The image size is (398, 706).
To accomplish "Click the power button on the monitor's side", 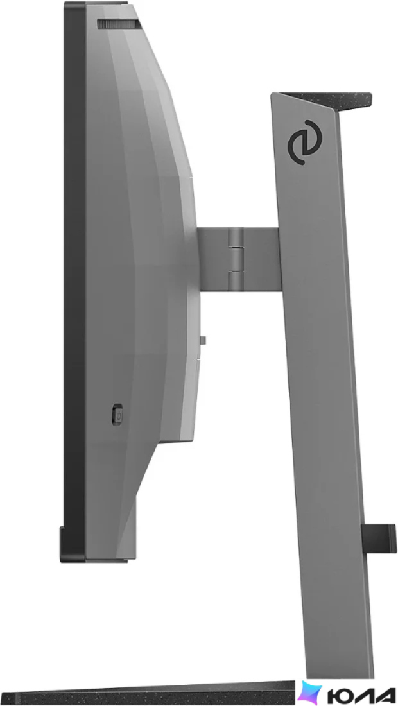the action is [117, 414].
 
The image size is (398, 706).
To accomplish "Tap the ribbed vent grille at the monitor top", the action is [118, 24].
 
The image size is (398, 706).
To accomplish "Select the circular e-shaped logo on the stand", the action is [305, 142].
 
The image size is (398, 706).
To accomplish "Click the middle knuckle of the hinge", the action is [236, 259].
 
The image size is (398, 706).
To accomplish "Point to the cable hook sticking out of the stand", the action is [379, 538].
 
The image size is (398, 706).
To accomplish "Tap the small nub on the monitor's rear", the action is [203, 340].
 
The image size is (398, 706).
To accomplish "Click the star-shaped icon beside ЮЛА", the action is [310, 693].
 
